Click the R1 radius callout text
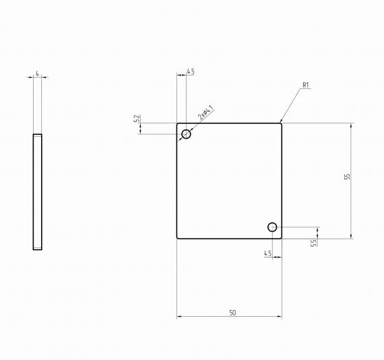click(x=305, y=85)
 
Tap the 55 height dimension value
click(x=347, y=177)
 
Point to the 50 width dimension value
click(x=232, y=313)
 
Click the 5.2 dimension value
click(x=137, y=119)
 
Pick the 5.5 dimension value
click(x=313, y=243)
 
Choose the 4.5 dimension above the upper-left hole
click(x=191, y=71)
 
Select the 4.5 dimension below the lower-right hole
click(x=267, y=253)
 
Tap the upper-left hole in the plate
click(x=187, y=134)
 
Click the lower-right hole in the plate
click(x=272, y=228)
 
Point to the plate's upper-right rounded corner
click(x=281, y=124)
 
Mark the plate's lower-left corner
click(x=178, y=238)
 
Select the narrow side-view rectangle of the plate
click(x=38, y=192)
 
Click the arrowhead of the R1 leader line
click(x=282, y=122)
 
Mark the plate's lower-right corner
click(x=281, y=238)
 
